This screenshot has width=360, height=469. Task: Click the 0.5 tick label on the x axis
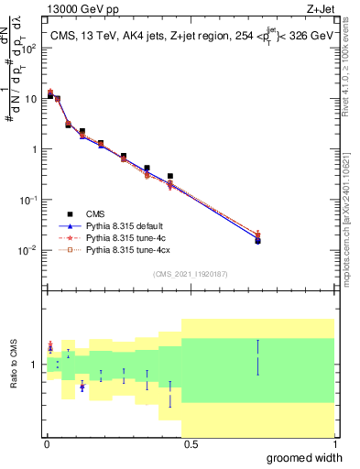click(x=190, y=445)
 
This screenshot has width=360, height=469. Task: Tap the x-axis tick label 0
click(x=47, y=445)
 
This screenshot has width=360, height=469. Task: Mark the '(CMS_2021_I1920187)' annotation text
click(x=191, y=273)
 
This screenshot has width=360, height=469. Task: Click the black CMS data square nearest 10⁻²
click(x=257, y=241)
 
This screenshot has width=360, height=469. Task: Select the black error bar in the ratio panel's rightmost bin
click(x=257, y=357)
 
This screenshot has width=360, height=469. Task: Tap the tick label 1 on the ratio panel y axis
click(x=35, y=364)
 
